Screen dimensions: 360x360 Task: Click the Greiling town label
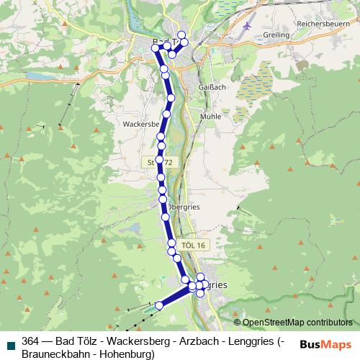click(276, 35)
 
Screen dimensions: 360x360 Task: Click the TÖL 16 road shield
click(194, 246)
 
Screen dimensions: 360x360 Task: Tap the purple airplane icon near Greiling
click(248, 25)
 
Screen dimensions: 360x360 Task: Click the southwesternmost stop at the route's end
click(159, 305)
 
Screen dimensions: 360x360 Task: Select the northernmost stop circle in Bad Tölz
click(181, 35)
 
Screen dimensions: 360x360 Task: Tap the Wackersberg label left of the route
click(140, 123)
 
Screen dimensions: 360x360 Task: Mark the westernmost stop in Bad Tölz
click(156, 48)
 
